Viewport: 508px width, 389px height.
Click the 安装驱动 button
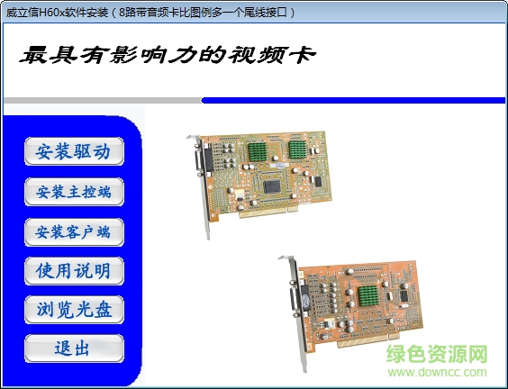(74, 151)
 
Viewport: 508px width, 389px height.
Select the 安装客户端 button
(74, 231)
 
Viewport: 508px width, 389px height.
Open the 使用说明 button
(74, 271)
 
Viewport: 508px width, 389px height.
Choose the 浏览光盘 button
(74, 310)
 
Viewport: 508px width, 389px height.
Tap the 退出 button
(74, 348)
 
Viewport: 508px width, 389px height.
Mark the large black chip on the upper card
(274, 185)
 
